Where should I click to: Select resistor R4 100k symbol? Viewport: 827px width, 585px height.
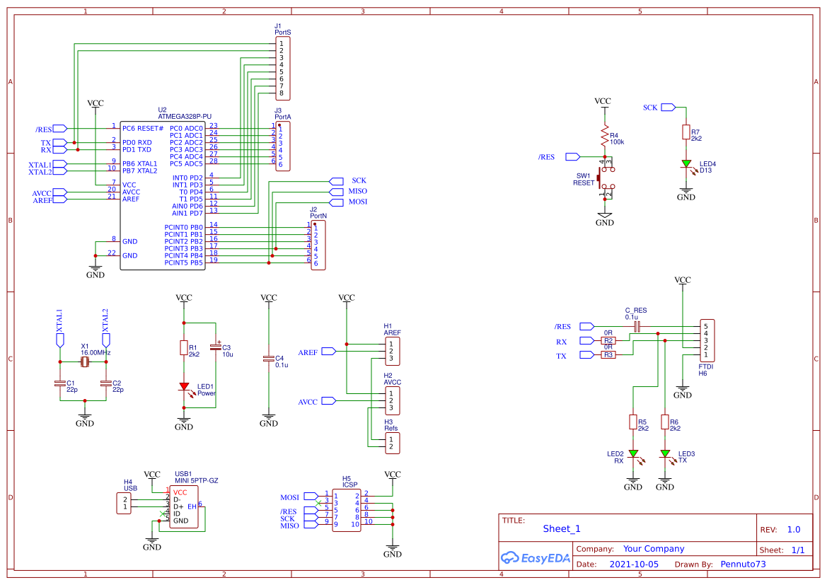[x=604, y=137]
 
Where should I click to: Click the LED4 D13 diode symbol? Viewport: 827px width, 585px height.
[x=686, y=164]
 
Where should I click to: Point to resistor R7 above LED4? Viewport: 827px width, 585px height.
[x=686, y=132]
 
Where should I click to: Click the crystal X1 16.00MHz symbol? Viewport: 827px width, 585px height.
[x=84, y=362]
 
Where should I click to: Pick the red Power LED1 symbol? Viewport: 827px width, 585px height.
[x=184, y=387]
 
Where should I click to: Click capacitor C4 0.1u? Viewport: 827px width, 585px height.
[x=269, y=359]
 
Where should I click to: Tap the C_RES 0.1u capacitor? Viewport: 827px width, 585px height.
[x=637, y=326]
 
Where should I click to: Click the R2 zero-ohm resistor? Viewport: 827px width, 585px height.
[x=608, y=340]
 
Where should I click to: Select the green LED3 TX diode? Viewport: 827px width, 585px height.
[x=665, y=453]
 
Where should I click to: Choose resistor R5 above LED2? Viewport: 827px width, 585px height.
[x=633, y=422]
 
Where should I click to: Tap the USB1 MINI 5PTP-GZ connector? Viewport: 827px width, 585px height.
[x=184, y=506]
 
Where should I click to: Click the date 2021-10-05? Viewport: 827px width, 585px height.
[x=634, y=564]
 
